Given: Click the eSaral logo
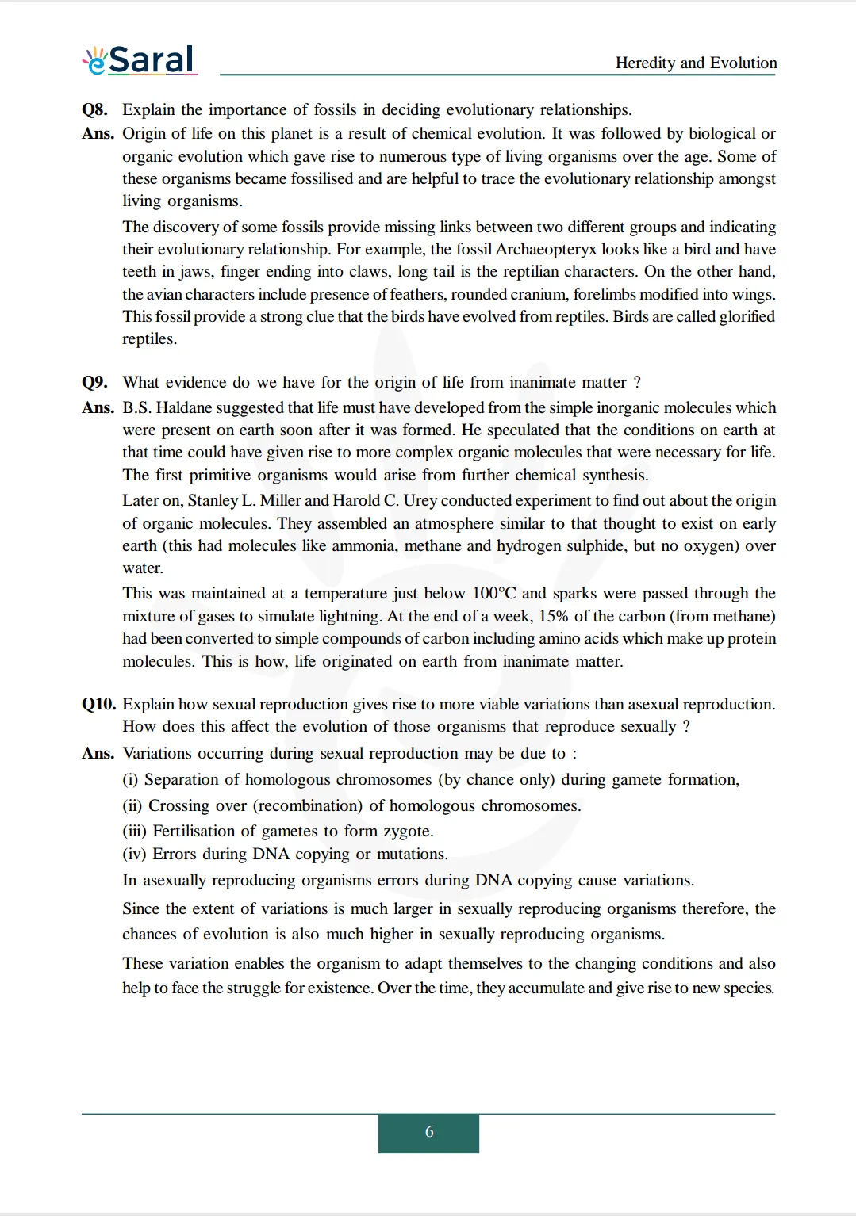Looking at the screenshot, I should tap(140, 59).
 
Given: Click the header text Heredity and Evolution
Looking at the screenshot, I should tap(696, 63).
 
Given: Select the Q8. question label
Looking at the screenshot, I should tap(94, 109).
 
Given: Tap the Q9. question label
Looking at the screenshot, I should tap(94, 382).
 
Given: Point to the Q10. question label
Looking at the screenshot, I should tap(98, 704).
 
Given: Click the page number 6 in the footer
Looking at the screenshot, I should tap(429, 1132).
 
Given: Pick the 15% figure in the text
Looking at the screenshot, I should tap(554, 616).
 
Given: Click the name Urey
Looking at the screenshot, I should tap(420, 500).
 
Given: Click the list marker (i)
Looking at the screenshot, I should tap(130, 779).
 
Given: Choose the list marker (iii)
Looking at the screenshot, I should tap(134, 831).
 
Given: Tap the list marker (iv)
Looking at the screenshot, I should tap(134, 854).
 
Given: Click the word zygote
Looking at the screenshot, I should tap(407, 831).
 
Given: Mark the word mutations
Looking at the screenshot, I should tap(411, 854).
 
